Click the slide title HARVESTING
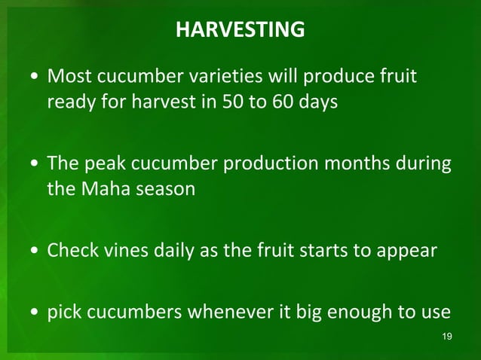240,30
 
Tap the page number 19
446,335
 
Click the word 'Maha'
100,188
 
